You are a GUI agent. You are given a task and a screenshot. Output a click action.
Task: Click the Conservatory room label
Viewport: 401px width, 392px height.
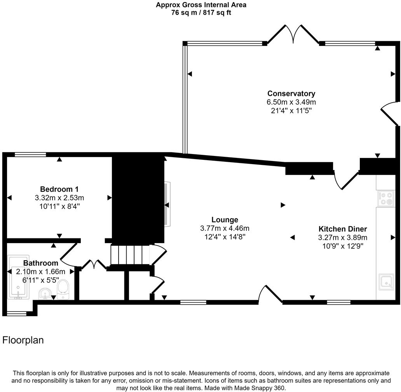[291, 93]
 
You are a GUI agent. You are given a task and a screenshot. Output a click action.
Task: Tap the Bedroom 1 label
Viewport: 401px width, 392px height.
[59, 189]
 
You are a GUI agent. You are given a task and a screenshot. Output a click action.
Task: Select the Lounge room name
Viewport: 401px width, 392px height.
[225, 220]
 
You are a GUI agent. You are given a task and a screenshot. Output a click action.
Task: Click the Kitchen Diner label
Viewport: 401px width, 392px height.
[343, 229]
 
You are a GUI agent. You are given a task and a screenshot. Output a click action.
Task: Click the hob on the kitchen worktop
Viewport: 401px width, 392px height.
[386, 198]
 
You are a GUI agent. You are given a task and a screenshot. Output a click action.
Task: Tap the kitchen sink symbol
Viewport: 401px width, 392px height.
[386, 282]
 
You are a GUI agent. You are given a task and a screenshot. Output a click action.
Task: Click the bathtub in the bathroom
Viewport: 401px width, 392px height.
[18, 278]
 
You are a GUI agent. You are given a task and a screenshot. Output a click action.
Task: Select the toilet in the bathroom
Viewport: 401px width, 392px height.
[63, 290]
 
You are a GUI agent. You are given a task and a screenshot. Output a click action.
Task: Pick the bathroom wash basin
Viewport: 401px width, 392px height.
[46, 293]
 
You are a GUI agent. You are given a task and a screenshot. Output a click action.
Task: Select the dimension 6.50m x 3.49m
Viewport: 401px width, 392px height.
[291, 102]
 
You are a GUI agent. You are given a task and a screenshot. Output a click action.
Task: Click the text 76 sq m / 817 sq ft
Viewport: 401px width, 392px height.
[201, 12]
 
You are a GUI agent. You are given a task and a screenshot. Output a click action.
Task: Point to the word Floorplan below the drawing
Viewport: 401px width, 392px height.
[23, 340]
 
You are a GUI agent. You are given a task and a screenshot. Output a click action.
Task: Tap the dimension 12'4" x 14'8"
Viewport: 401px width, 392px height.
[225, 236]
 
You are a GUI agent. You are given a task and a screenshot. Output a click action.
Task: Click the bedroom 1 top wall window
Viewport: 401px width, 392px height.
[30, 155]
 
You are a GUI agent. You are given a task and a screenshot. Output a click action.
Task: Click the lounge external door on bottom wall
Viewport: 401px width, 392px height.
[271, 295]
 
